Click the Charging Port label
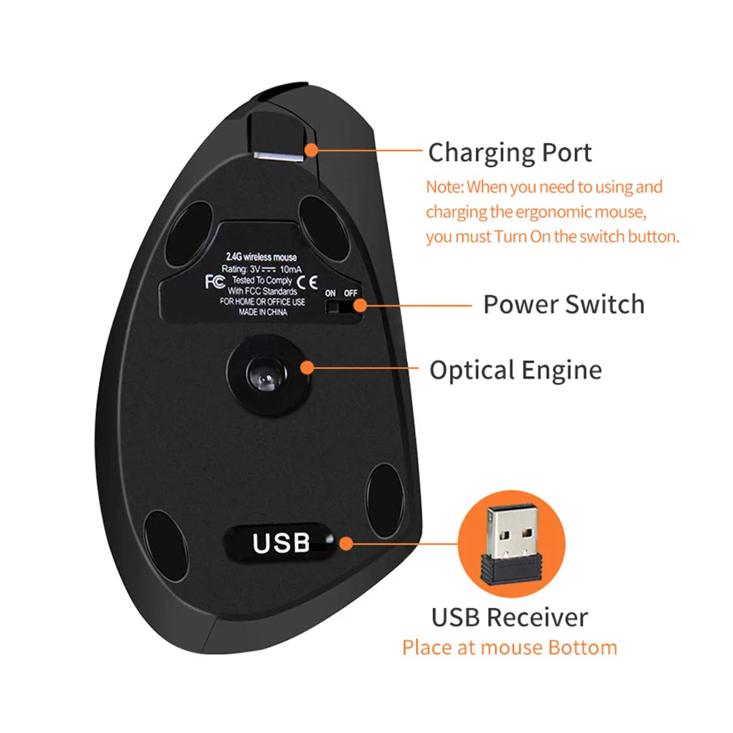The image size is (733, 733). pos(510,153)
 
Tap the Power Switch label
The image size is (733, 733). pos(564,304)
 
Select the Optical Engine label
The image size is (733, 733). pos(516,370)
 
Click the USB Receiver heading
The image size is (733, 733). pos(510,617)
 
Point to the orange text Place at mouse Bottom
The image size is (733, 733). pos(510,647)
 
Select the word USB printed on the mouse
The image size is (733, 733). pos(281,543)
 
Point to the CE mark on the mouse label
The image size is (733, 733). pos(310,281)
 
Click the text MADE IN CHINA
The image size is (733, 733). pos(264,311)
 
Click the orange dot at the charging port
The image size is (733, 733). pos(312,150)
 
